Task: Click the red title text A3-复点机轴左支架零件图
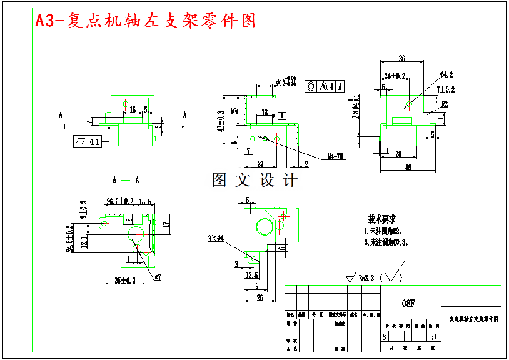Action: [x=145, y=21]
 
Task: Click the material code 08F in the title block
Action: [x=408, y=303]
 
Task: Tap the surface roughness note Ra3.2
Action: [x=365, y=277]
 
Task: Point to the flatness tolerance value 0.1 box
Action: [x=94, y=142]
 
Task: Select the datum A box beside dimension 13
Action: [x=281, y=116]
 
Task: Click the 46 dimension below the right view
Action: [x=408, y=167]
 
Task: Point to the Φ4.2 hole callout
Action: [x=446, y=74]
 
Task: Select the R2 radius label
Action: [x=445, y=103]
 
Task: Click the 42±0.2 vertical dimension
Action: [x=221, y=122]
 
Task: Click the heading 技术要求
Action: [x=381, y=219]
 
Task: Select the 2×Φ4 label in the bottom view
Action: [x=216, y=238]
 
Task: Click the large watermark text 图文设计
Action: [x=255, y=181]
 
